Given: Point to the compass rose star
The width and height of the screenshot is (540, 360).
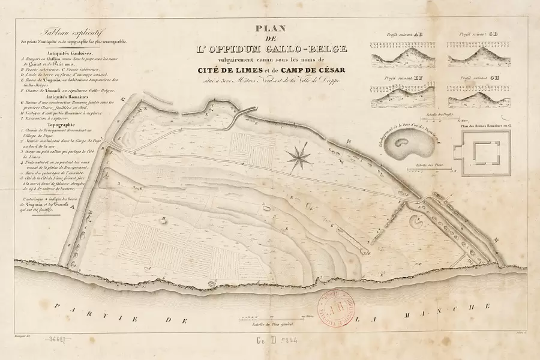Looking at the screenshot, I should [x=299, y=157].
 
